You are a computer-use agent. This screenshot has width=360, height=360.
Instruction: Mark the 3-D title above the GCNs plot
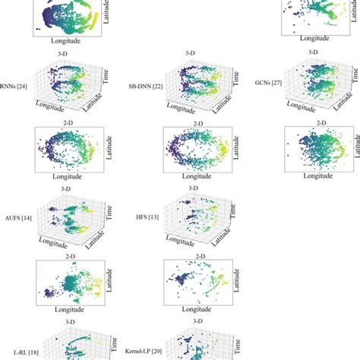[x=313, y=52]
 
